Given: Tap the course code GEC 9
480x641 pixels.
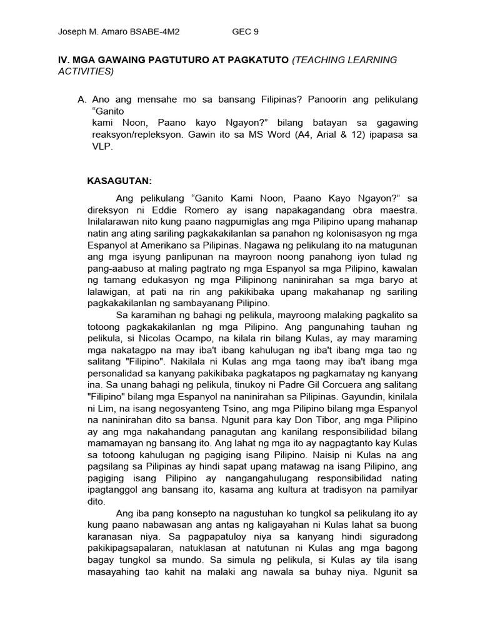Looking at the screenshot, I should click(x=245, y=31).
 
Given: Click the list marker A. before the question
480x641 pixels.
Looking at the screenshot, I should click(x=81, y=100).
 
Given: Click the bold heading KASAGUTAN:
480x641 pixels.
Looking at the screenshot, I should click(x=119, y=181).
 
